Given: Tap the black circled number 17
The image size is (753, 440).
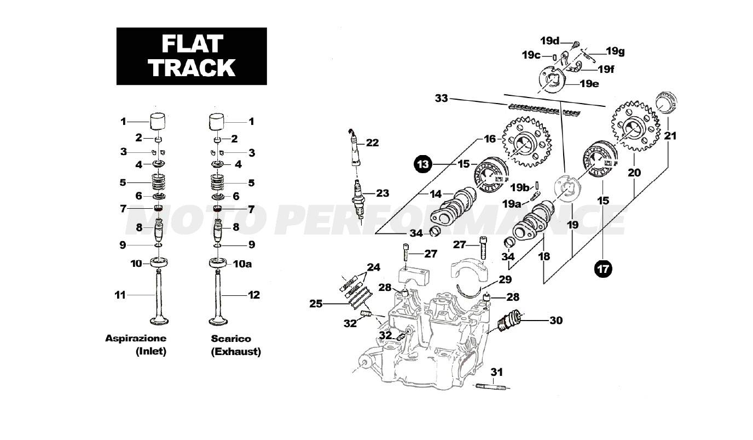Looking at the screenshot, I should pyautogui.click(x=603, y=268).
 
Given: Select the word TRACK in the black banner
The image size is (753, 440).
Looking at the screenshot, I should pyautogui.click(x=192, y=67).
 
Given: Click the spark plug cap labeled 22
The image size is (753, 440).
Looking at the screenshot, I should pyautogui.click(x=354, y=147).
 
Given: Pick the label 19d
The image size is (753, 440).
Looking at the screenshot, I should pyautogui.click(x=549, y=41).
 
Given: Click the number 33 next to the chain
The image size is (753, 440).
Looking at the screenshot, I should pyautogui.click(x=441, y=99).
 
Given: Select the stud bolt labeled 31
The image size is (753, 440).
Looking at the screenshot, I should pyautogui.click(x=494, y=386).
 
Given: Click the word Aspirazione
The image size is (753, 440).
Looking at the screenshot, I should pyautogui.click(x=135, y=338).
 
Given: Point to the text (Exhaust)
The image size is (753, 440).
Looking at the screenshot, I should pyautogui.click(x=236, y=352).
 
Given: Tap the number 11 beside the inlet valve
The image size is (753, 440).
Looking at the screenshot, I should pyautogui.click(x=120, y=295).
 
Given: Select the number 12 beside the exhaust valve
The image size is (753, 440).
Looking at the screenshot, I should pyautogui.click(x=253, y=295).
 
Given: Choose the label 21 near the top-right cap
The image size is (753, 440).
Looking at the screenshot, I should pyautogui.click(x=669, y=135).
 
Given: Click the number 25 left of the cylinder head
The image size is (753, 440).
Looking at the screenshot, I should pyautogui.click(x=316, y=303).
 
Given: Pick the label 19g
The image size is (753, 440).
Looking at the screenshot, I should pyautogui.click(x=615, y=52).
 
